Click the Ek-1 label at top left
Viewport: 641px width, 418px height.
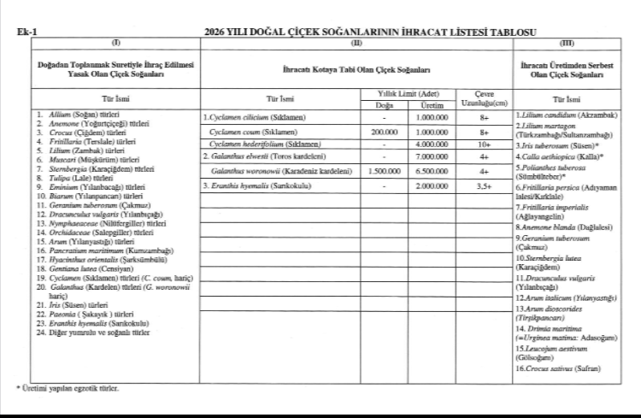tap(26, 32)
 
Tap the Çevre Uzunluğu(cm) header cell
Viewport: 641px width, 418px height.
tap(484, 97)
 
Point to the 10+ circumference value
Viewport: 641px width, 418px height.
tap(484, 144)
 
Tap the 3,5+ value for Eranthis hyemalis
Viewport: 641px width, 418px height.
tap(484, 185)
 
